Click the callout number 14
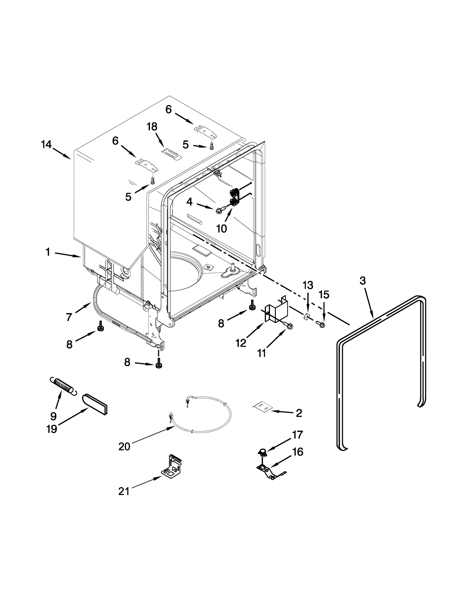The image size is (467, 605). (x=46, y=144)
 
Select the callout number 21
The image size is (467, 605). (x=124, y=492)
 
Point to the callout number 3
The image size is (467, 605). (x=362, y=281)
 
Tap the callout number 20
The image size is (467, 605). (x=124, y=447)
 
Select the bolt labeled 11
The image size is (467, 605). (x=288, y=325)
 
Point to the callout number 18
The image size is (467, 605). (x=152, y=126)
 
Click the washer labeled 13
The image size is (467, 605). (x=306, y=316)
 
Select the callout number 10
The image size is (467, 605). (x=222, y=228)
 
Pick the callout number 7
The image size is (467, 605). (x=69, y=317)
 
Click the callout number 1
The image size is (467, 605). (x=48, y=252)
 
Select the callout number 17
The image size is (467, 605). (x=297, y=435)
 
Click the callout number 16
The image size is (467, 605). (x=297, y=452)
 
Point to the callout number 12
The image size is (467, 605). (x=241, y=343)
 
